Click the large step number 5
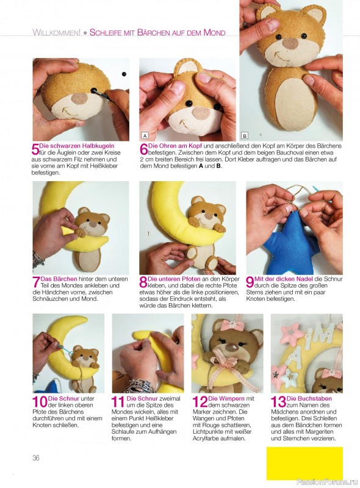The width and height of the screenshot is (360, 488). tap(35, 149)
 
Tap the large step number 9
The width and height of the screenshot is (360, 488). tap(250, 282)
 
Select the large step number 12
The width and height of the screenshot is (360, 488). tap(200, 402)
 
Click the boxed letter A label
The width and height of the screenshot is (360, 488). tap(145, 135)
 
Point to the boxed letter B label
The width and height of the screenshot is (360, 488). tap(245, 135)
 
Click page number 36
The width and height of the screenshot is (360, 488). tap(36, 458)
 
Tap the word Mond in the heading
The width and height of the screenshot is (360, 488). tap(214, 32)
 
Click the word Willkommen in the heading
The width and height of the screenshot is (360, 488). tap(56, 32)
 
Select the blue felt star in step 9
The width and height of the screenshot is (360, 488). tap(290, 245)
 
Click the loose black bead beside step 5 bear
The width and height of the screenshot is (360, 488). tap(124, 74)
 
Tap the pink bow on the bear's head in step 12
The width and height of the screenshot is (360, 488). tap(232, 326)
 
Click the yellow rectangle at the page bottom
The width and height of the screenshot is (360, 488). tap(304, 464)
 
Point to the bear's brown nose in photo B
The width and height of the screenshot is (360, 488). tap(290, 43)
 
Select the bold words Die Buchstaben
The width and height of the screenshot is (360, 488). tap(309, 398)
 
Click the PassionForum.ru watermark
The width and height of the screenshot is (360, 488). tap(326, 482)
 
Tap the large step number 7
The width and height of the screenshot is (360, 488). tap(36, 282)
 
